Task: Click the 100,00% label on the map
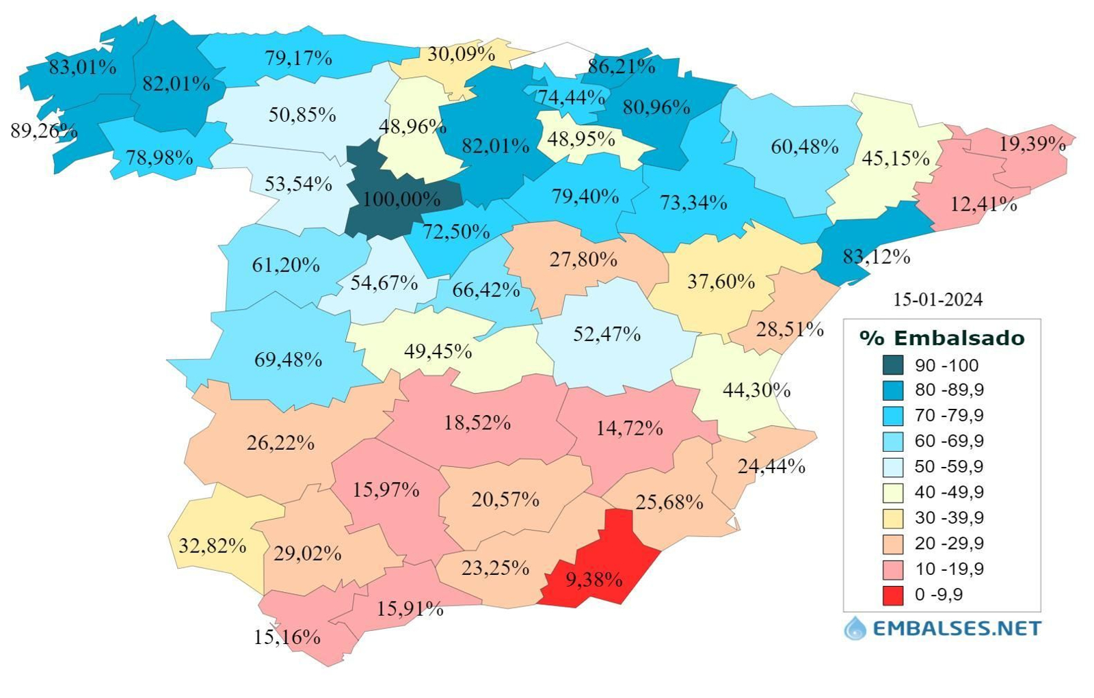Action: pyautogui.click(x=401, y=199)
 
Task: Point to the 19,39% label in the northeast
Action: pyautogui.click(x=1032, y=144)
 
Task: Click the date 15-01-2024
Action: pyautogui.click(x=937, y=299)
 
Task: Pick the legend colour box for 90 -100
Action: pyautogui.click(x=892, y=365)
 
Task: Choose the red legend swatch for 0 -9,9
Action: pyautogui.click(x=892, y=595)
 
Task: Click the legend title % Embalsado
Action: pyautogui.click(x=942, y=338)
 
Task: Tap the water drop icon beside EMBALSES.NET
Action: pyautogui.click(x=855, y=628)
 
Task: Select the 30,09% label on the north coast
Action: pyautogui.click(x=461, y=54)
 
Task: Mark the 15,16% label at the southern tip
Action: pyautogui.click(x=287, y=637)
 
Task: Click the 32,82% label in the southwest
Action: pyautogui.click(x=213, y=546)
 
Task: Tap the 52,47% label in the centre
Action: pyautogui.click(x=606, y=334)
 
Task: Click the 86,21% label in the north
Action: pyautogui.click(x=621, y=66)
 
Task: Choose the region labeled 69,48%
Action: pyautogui.click(x=288, y=360)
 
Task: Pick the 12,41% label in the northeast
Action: pyautogui.click(x=983, y=204)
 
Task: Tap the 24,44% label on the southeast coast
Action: pyautogui.click(x=771, y=466)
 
